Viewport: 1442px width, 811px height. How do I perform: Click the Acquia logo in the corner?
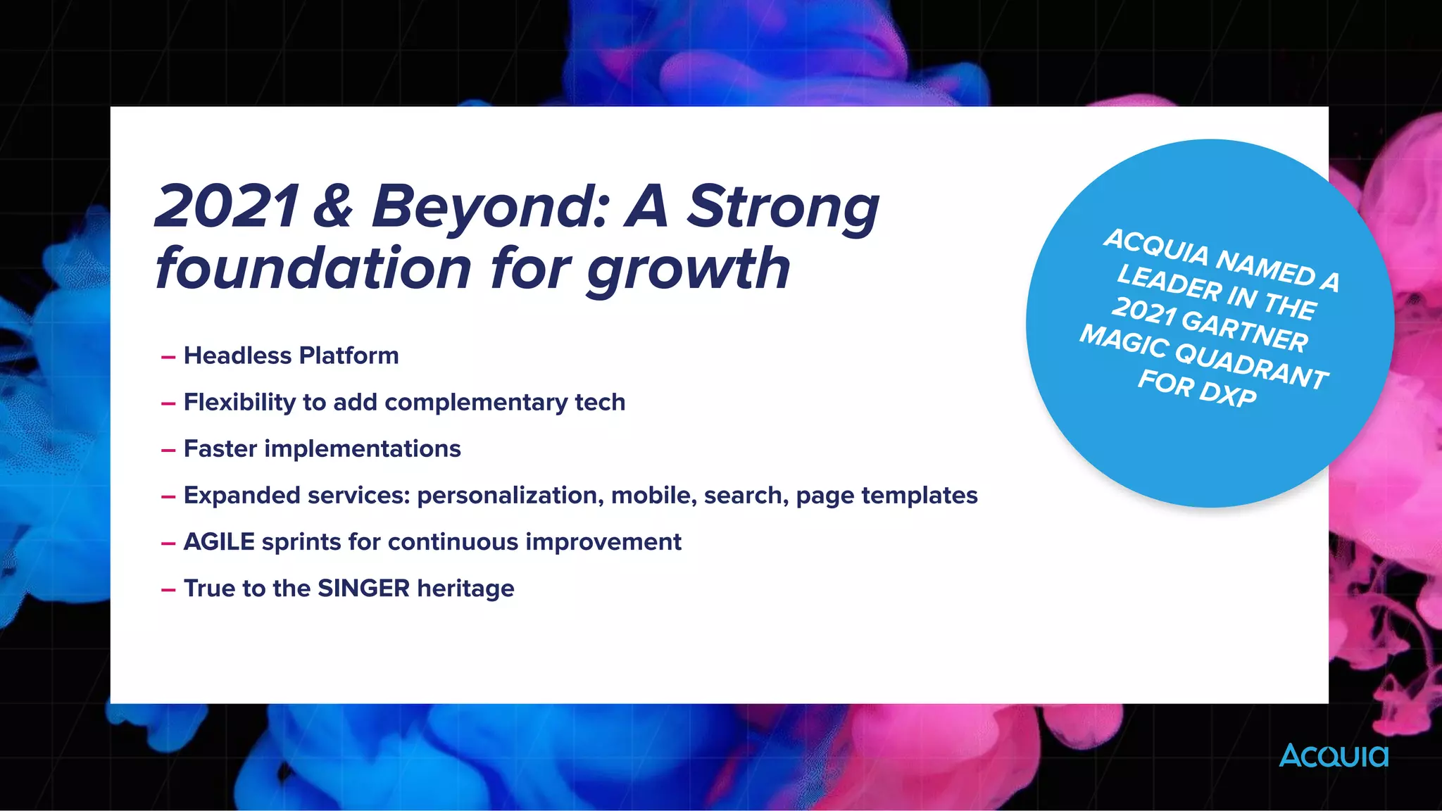click(x=1334, y=755)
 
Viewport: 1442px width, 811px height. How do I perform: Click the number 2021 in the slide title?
click(x=227, y=206)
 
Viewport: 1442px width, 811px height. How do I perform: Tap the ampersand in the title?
click(x=332, y=206)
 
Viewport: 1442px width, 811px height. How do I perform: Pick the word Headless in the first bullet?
click(x=237, y=356)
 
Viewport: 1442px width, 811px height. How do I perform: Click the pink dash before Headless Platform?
click(x=168, y=358)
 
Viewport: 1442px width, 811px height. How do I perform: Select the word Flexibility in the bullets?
click(x=239, y=403)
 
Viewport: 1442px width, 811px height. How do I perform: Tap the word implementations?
click(x=362, y=449)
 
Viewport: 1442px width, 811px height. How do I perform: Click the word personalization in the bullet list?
click(x=510, y=496)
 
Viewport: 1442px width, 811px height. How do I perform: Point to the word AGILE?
click(x=219, y=542)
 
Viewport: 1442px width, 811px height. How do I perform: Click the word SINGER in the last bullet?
click(x=363, y=589)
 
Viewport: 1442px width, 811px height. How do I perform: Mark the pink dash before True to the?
click(x=168, y=590)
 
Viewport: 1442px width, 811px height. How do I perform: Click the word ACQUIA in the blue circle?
click(x=1155, y=246)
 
